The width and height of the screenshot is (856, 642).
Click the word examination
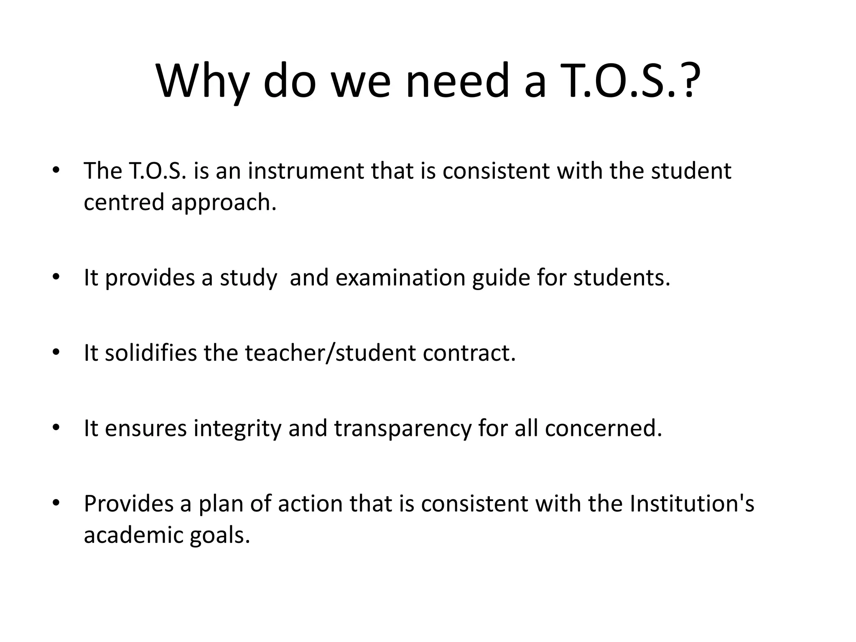point(400,278)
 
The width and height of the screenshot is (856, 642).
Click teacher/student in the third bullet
point(330,353)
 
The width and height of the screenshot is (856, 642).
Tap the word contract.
point(469,353)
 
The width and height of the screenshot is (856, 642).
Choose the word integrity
point(237,429)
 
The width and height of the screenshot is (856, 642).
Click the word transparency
point(403,429)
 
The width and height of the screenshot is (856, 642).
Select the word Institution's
point(692,503)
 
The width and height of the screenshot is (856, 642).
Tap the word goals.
point(220,536)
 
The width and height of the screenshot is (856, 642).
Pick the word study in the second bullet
point(248,278)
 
